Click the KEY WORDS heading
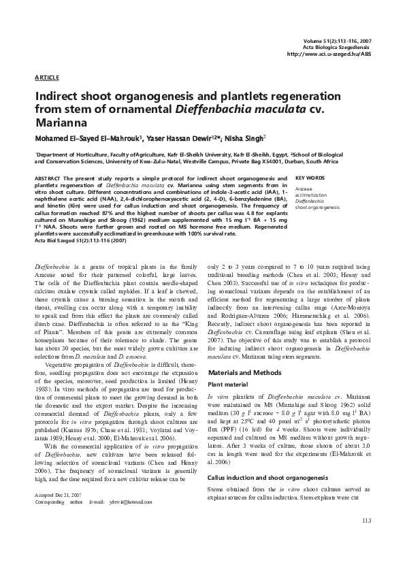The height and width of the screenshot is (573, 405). (x=310, y=178)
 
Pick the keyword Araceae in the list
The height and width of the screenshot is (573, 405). (x=304, y=189)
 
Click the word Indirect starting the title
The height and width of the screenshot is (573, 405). (x=61, y=96)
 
